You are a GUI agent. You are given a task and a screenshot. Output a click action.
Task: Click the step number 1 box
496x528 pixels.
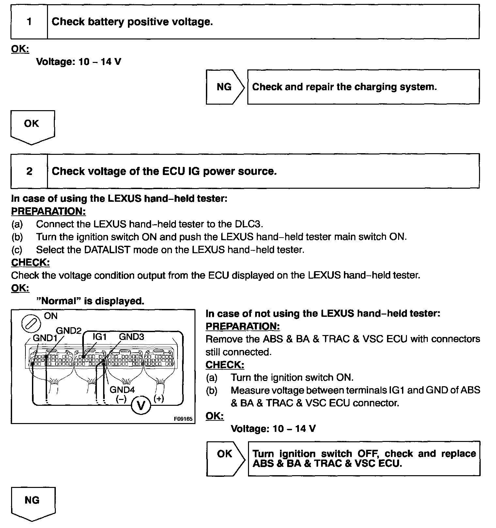point(29,22)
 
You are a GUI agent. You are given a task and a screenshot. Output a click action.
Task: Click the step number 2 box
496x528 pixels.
point(29,171)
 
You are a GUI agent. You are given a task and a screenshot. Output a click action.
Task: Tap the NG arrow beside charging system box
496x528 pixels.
point(225,87)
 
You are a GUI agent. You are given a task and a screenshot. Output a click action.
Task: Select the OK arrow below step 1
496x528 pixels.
point(32,125)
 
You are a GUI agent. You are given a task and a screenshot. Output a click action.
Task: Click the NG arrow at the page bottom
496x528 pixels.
point(33,502)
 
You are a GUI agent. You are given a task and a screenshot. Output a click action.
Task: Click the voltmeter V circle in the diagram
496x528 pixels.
point(141,405)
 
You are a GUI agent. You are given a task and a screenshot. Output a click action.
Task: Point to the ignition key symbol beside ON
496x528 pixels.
point(31,324)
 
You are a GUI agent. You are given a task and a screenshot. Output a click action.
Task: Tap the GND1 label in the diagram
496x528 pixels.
point(45,338)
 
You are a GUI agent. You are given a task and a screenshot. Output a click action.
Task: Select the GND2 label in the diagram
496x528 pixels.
point(69,330)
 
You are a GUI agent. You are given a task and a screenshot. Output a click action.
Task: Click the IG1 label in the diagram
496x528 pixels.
point(100,337)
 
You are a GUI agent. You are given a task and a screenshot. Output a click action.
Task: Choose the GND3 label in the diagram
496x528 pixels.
point(131,337)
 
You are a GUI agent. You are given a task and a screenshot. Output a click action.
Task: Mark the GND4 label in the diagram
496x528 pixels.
point(122,389)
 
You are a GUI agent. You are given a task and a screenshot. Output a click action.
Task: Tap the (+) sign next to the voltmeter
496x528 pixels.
point(159,399)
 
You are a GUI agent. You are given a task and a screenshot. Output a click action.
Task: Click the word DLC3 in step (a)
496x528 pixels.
point(248,224)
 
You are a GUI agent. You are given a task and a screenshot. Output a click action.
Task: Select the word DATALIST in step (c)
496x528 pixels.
point(106,250)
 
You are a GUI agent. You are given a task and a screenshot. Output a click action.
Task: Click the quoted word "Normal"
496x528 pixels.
point(59,301)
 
